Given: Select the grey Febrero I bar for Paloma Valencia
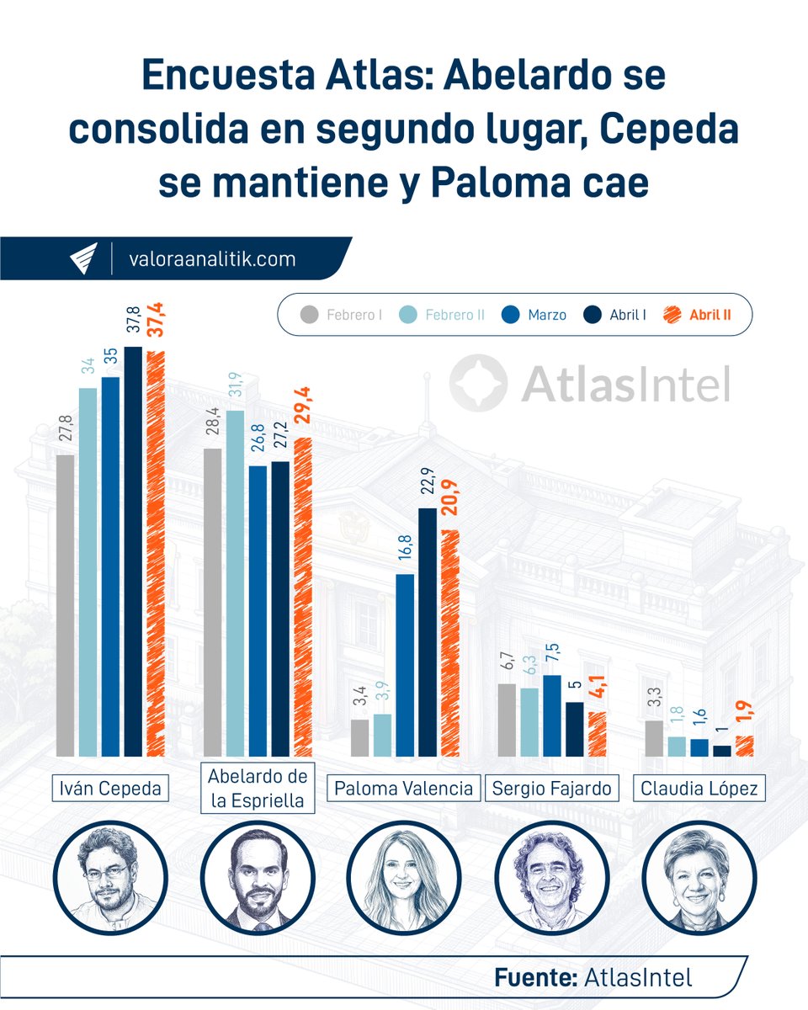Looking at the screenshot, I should coord(359,737).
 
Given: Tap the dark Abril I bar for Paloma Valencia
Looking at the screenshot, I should coord(428,631).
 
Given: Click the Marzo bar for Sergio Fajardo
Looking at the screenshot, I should coord(552,715).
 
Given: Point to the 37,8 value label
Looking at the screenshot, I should coord(133,323).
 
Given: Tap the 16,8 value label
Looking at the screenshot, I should coord(404,552).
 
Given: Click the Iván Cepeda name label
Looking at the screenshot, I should coord(106,789).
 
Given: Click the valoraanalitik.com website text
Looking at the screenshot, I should coord(212,259).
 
